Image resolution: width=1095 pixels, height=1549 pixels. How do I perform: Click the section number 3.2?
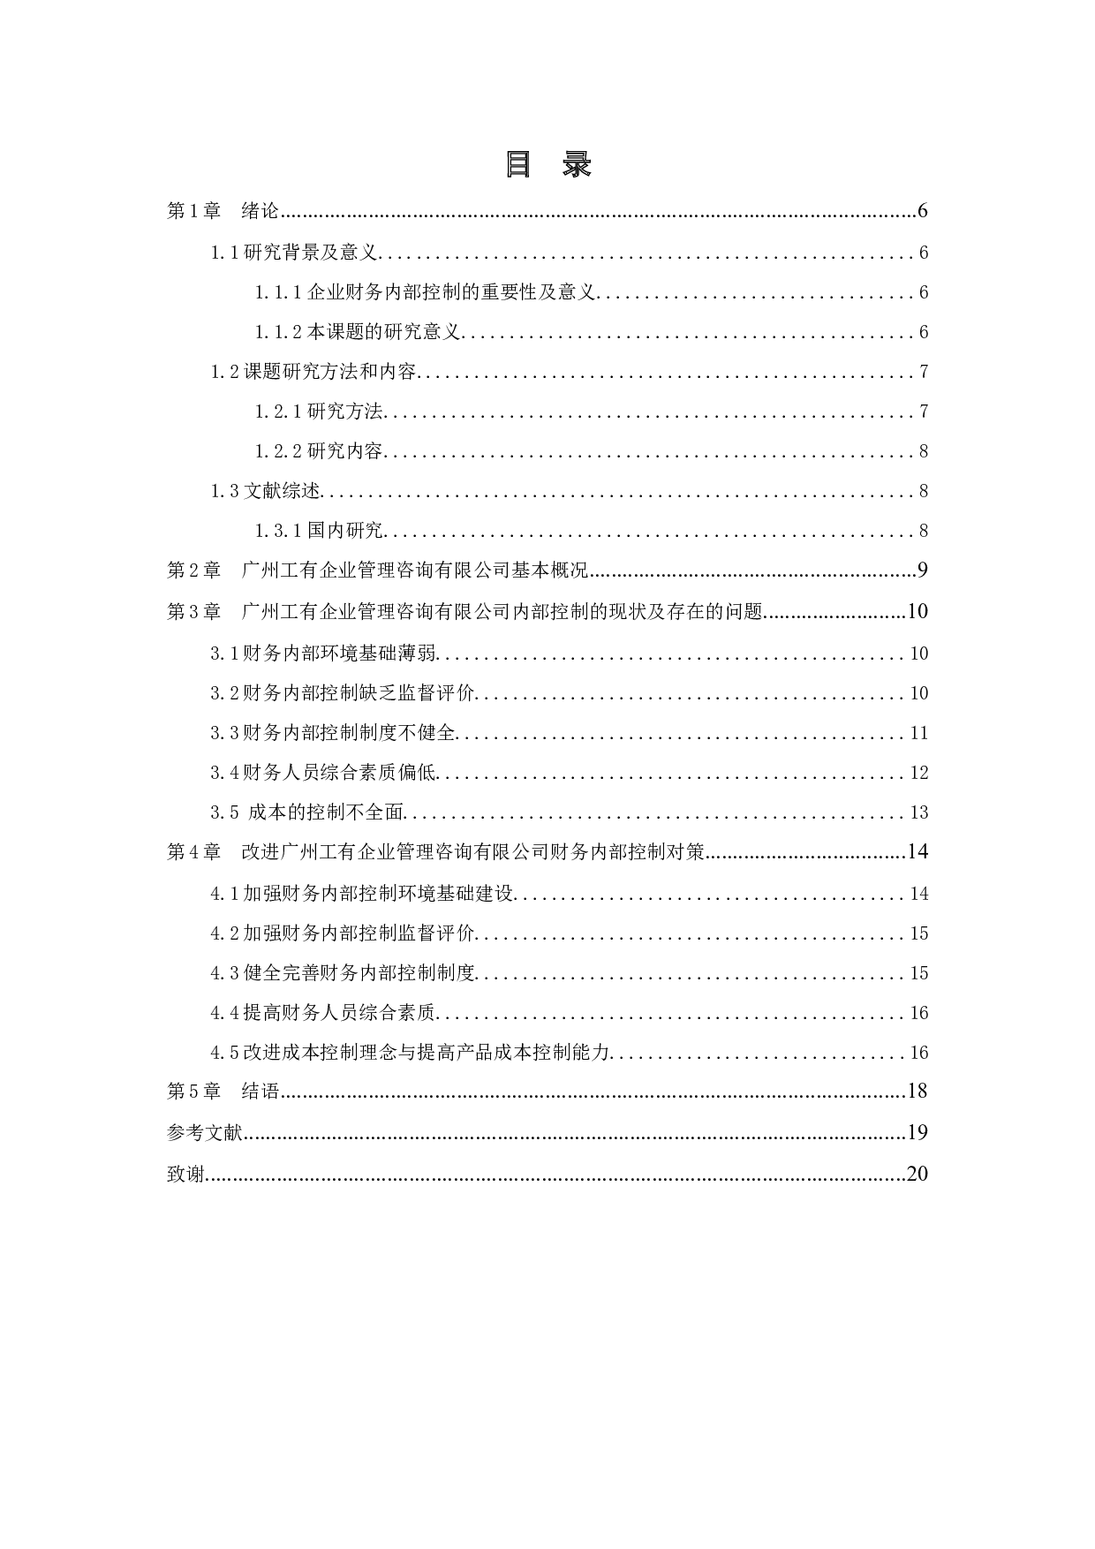(x=224, y=693)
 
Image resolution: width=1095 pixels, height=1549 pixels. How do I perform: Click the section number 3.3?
(x=224, y=733)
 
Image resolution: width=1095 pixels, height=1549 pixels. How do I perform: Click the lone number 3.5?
(x=224, y=812)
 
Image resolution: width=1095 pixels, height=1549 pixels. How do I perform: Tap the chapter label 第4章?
(x=193, y=852)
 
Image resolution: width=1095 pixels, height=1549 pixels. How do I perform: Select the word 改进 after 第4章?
(x=261, y=852)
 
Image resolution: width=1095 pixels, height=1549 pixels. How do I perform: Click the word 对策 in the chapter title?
(x=685, y=852)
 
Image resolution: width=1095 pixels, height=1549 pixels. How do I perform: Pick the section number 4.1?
(x=224, y=893)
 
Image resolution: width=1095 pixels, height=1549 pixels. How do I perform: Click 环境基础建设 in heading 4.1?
(x=456, y=893)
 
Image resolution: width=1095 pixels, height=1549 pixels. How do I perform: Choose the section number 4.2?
(x=224, y=933)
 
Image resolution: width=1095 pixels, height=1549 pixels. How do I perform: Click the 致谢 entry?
(x=185, y=1174)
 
